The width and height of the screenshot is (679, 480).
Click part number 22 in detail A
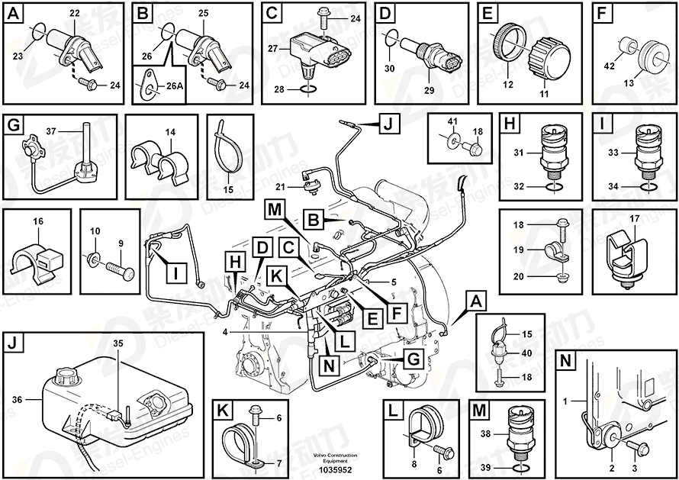(x=74, y=14)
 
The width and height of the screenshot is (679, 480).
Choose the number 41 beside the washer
(x=452, y=121)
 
